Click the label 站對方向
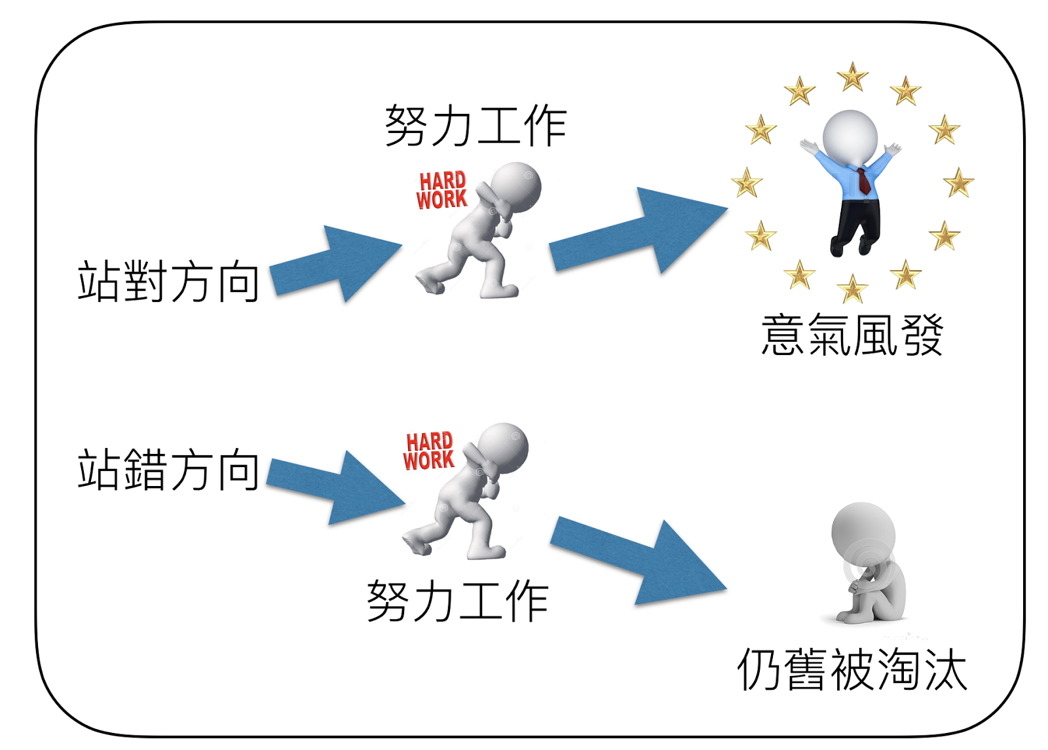[x=168, y=282]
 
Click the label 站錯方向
[x=168, y=470]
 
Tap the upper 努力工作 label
[x=476, y=126]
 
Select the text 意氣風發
[x=852, y=335]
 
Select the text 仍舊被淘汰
[x=852, y=669]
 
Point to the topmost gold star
[x=853, y=77]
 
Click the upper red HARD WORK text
[x=442, y=191]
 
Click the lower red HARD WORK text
[x=429, y=451]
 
